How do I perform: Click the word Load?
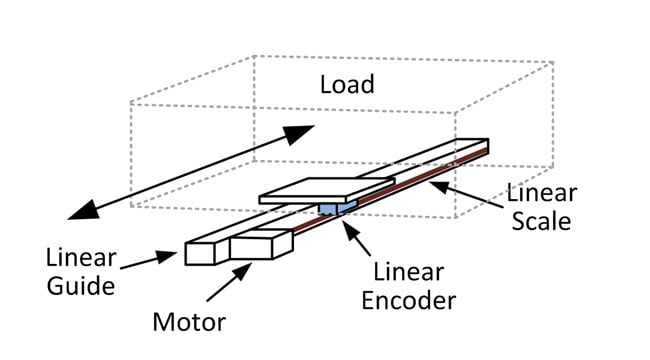click(347, 83)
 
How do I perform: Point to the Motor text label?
click(188, 322)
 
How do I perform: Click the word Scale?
click(540, 220)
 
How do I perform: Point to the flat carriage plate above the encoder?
click(325, 191)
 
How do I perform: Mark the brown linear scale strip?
click(420, 180)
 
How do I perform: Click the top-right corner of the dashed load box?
click(553, 63)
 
